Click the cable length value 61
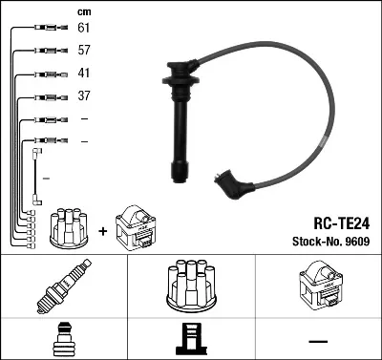pyautogui.click(x=84, y=30)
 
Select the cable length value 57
pyautogui.click(x=84, y=52)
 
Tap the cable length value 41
pyautogui.click(x=84, y=74)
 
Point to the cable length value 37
pyautogui.click(x=84, y=95)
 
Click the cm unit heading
pyautogui.click(x=84, y=11)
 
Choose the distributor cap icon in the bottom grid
pyautogui.click(x=190, y=287)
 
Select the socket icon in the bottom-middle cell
pyautogui.click(x=190, y=339)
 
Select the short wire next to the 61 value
pyautogui.click(x=44, y=30)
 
